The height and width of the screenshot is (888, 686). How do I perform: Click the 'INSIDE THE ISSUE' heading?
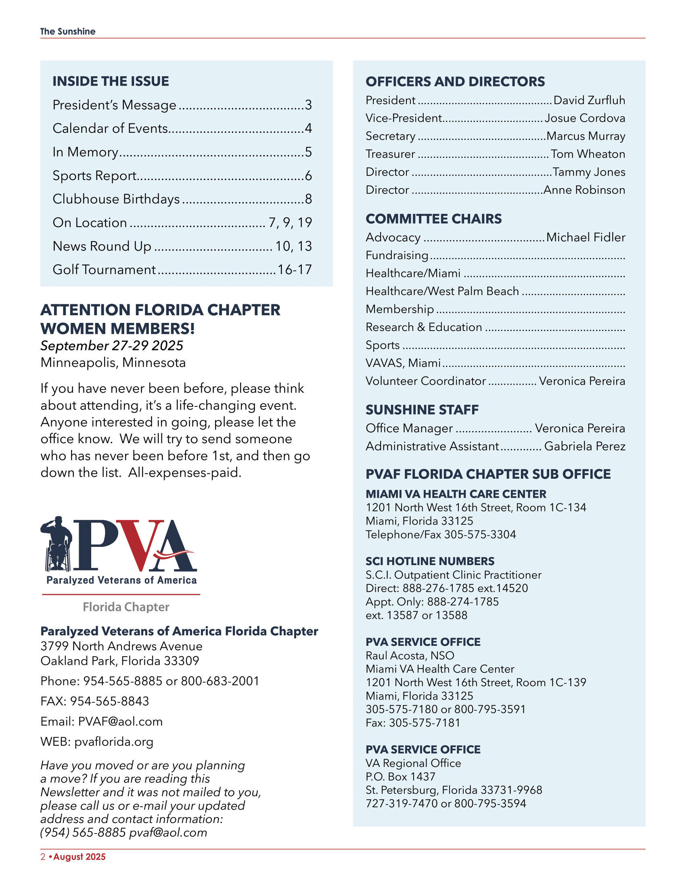pos(111,81)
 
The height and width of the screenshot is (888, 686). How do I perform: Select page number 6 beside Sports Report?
pos(308,176)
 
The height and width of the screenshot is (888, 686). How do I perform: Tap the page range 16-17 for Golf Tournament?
pos(295,270)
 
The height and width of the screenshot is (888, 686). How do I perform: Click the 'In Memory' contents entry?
pos(85,152)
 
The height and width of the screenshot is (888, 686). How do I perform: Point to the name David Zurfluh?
pos(589,101)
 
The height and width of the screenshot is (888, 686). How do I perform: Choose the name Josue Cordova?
pos(585,118)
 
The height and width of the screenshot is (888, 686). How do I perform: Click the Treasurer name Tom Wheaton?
pos(588,154)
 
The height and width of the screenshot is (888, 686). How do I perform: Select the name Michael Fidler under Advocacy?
pos(586,237)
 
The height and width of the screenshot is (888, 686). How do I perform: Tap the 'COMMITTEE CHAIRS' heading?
pos(434,219)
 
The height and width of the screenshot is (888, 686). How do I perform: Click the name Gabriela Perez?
pos(585,446)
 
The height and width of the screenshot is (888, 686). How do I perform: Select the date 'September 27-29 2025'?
pos(112,346)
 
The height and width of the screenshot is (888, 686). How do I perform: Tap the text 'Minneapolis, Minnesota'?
pos(113,363)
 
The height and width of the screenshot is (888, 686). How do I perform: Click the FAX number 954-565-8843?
pos(110,702)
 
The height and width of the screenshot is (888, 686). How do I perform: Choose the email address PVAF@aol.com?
pos(120,722)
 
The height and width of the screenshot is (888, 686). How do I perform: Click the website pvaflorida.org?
pos(114,742)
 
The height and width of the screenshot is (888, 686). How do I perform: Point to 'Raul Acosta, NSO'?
pos(410,656)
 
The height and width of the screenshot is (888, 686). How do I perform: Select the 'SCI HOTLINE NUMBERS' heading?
pos(430,561)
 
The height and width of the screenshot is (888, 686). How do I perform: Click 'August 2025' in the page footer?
pos(79,857)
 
